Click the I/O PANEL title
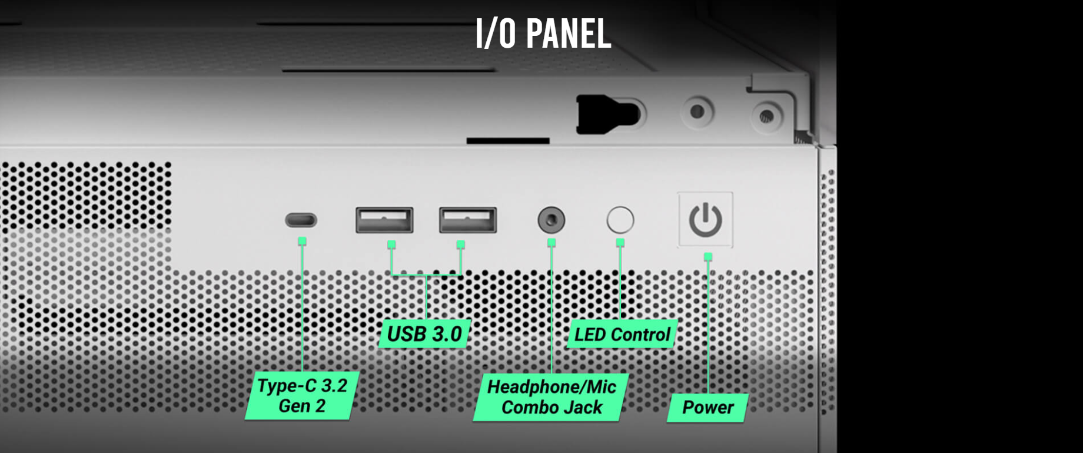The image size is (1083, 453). pyautogui.click(x=543, y=33)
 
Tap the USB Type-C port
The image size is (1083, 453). pyautogui.click(x=301, y=220)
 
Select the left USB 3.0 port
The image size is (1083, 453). pyautogui.click(x=384, y=220)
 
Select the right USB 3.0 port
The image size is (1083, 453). pyautogui.click(x=468, y=220)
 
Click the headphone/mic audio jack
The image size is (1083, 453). pyautogui.click(x=552, y=220)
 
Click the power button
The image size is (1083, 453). pyautogui.click(x=705, y=220)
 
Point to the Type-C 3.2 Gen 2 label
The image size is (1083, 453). pyautogui.click(x=302, y=395)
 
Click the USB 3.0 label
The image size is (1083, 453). pyautogui.click(x=424, y=333)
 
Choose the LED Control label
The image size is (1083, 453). pyautogui.click(x=622, y=334)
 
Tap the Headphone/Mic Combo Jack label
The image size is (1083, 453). pyautogui.click(x=552, y=397)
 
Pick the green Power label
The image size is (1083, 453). pyautogui.click(x=707, y=407)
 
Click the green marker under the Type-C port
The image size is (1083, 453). pyautogui.click(x=302, y=240)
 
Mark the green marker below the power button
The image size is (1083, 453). pyautogui.click(x=708, y=256)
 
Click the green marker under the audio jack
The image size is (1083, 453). pyautogui.click(x=552, y=242)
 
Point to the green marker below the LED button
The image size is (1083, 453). pyautogui.click(x=620, y=242)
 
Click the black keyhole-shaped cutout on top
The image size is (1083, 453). pyautogui.click(x=607, y=114)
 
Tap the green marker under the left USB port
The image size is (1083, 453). pyautogui.click(x=391, y=244)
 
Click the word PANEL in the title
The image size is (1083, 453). pyautogui.click(x=569, y=33)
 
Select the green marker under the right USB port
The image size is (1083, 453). pyautogui.click(x=460, y=244)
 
